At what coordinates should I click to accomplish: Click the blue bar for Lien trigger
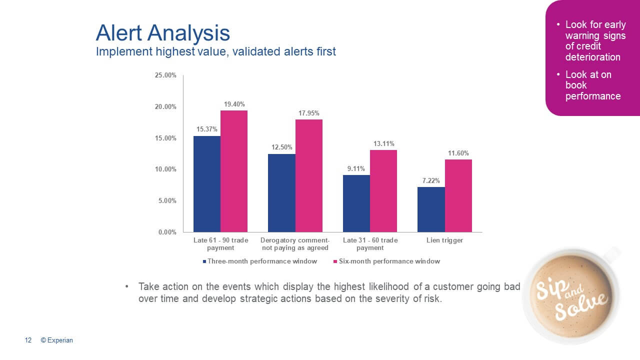431,209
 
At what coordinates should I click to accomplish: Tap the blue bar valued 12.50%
281,193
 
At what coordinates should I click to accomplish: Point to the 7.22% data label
431,181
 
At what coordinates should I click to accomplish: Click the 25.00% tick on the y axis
165,75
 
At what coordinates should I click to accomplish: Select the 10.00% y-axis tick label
165,169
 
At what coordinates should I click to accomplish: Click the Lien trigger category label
444,240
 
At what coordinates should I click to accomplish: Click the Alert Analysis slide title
162,33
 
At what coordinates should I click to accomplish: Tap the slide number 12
28,340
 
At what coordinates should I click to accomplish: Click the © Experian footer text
56,340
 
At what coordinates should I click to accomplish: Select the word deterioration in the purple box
592,57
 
